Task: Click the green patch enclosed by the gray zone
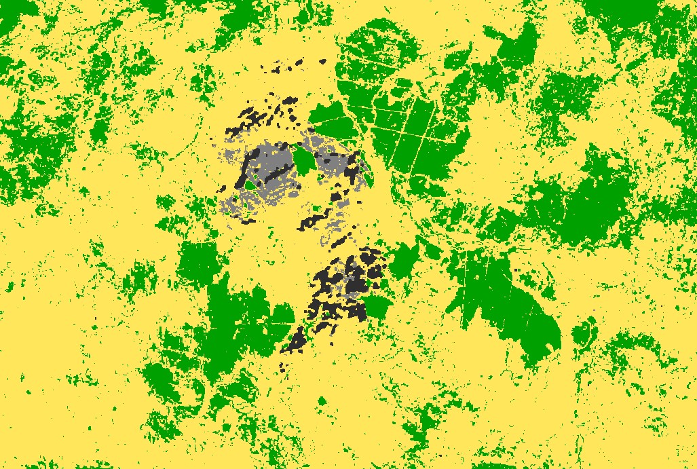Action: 304,160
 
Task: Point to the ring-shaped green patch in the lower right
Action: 584,333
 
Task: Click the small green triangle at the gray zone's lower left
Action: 250,184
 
